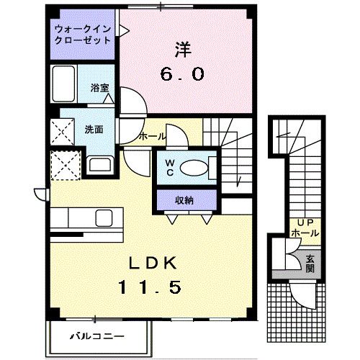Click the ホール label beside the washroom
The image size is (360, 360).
click(152, 135)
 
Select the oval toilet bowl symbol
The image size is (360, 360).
click(192, 168)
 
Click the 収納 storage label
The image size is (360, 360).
click(184, 199)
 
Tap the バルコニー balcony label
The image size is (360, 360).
click(97, 335)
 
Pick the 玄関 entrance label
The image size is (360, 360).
click(309, 263)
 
